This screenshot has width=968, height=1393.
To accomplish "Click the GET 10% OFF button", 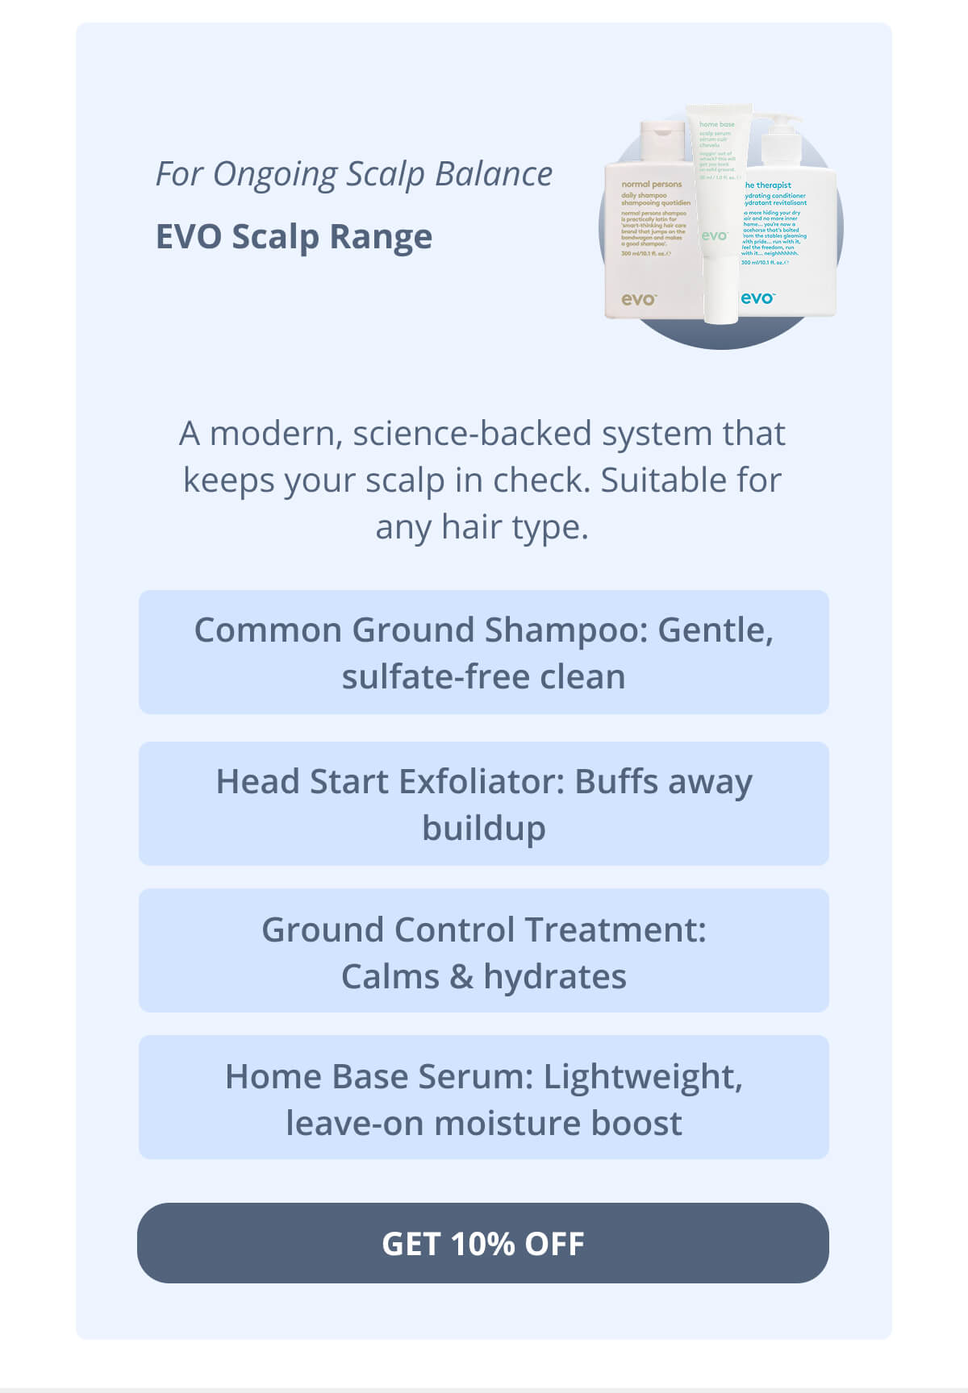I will [x=482, y=1242].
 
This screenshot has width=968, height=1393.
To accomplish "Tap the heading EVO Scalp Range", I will [x=294, y=237].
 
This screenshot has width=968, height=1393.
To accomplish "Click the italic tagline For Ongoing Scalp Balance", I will [x=353, y=174].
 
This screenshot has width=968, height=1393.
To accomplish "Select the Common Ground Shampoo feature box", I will [x=483, y=652].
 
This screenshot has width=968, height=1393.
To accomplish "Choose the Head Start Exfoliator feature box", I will [x=483, y=804].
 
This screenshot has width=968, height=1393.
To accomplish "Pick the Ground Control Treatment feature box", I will [x=483, y=951].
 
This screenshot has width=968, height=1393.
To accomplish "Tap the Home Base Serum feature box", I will [x=483, y=1098].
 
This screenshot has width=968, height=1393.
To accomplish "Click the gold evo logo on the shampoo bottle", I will [x=638, y=299].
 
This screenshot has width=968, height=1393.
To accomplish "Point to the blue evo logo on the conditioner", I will [x=757, y=298].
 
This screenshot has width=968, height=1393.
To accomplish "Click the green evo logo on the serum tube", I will [x=714, y=235].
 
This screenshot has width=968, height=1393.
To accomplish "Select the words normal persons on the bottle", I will [x=651, y=185].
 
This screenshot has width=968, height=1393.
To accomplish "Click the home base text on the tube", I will [x=716, y=124].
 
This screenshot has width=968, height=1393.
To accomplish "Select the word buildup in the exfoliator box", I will [x=483, y=829].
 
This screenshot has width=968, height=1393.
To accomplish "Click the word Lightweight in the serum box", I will [x=642, y=1076].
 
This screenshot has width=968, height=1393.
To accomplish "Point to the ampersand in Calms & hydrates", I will [x=461, y=977].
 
